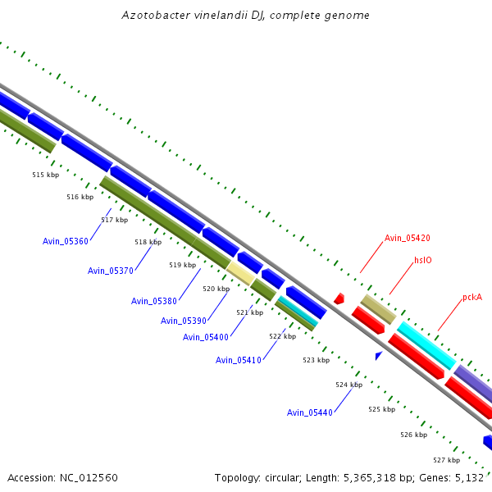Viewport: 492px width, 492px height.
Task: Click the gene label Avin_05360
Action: [66, 241]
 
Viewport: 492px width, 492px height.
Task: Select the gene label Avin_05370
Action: [111, 271]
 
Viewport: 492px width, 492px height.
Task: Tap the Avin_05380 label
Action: [154, 301]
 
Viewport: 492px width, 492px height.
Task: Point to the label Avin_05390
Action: [184, 321]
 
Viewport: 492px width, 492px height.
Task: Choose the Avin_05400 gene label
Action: [206, 337]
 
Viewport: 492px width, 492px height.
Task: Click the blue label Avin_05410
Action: [239, 360]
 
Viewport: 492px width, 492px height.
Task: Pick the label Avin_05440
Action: [310, 412]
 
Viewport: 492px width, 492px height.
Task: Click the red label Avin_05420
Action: [408, 238]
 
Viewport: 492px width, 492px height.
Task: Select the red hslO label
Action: [423, 260]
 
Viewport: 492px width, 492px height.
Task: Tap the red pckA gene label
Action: [472, 297]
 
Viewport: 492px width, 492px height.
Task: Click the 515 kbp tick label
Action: [46, 175]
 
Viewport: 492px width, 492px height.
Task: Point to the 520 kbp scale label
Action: [216, 289]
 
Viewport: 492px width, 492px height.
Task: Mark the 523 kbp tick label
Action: [316, 360]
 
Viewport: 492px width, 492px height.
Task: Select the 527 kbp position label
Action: [447, 460]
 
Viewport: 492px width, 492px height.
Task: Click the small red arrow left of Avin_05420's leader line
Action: [339, 298]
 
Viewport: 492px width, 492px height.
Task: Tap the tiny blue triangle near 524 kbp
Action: [379, 355]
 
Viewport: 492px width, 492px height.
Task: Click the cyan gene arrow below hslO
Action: [426, 345]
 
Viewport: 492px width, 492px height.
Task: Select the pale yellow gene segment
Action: [241, 272]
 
